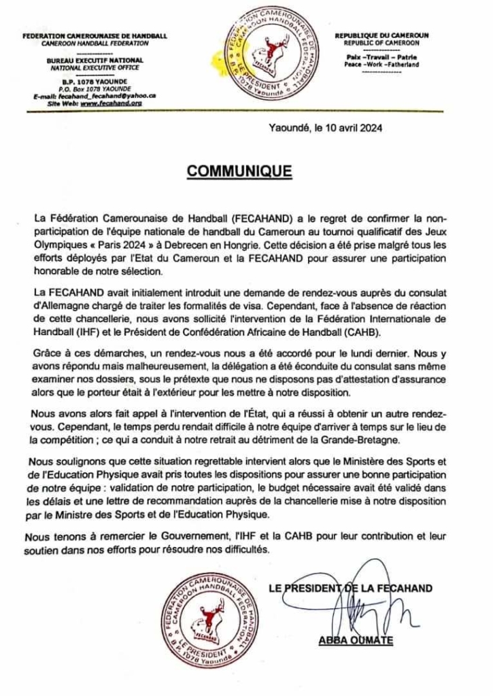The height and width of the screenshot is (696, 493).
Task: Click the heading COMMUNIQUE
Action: [239, 171]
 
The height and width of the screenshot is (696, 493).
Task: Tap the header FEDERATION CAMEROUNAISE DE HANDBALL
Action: [95, 35]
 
